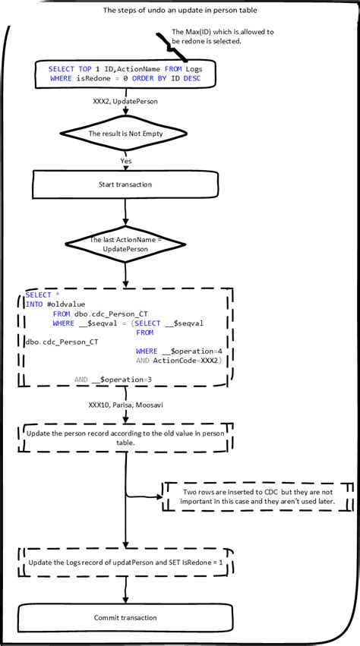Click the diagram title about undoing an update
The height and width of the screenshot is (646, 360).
pos(180,11)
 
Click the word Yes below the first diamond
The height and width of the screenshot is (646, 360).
pos(125,160)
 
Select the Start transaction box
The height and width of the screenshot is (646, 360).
pos(125,184)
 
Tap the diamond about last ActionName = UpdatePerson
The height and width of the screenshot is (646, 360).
pos(125,244)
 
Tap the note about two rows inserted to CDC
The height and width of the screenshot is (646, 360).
pos(258,497)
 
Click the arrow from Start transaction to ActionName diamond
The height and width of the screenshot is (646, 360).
pos(125,212)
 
